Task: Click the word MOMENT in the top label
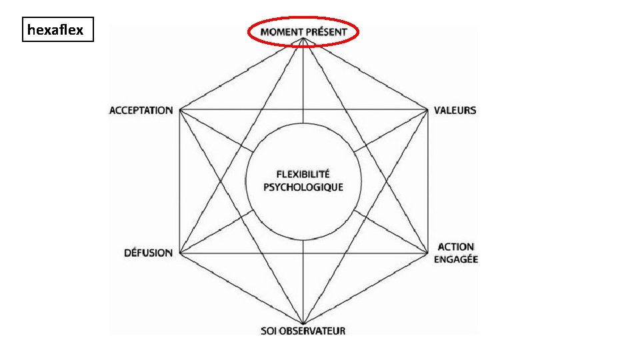[281, 32]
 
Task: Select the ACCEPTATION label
[141, 110]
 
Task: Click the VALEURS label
[455, 110]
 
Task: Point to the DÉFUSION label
[148, 253]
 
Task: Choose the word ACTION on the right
[456, 247]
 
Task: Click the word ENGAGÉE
[456, 259]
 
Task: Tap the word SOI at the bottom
[269, 331]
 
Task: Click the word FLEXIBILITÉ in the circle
[303, 174]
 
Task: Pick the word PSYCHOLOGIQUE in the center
[303, 187]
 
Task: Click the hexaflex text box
[58, 30]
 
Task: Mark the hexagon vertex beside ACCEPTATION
[179, 109]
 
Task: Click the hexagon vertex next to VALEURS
[427, 109]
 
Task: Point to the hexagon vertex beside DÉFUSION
[179, 253]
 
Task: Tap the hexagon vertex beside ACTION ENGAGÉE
[427, 253]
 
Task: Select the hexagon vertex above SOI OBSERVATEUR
[303, 323]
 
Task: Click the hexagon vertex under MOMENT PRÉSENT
[303, 39]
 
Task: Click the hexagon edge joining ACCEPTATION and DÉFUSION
[179, 181]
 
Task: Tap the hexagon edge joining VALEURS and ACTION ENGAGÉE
[427, 181]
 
